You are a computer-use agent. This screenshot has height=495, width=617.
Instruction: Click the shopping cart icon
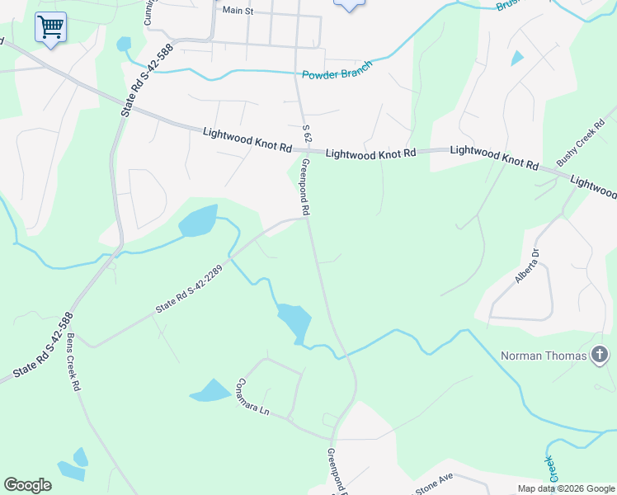[x=50, y=27]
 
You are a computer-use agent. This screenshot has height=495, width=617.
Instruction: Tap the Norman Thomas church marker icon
[x=600, y=356]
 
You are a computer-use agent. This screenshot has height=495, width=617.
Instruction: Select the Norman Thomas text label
[x=544, y=356]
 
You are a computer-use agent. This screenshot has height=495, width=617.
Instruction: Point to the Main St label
[x=238, y=11]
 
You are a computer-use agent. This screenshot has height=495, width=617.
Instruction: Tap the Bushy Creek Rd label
[x=575, y=148]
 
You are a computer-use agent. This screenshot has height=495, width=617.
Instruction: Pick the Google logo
[x=27, y=485]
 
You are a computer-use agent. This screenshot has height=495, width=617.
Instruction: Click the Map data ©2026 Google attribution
[x=565, y=488]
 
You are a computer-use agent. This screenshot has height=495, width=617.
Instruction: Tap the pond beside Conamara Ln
[x=211, y=391]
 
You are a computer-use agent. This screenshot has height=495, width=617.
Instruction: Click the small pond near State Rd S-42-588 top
[x=124, y=44]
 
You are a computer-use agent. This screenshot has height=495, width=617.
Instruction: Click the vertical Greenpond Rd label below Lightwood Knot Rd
[x=305, y=187]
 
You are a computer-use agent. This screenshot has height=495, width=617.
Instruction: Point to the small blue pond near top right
[x=517, y=58]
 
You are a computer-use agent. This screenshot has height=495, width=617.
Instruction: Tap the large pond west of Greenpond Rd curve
[x=294, y=322]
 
